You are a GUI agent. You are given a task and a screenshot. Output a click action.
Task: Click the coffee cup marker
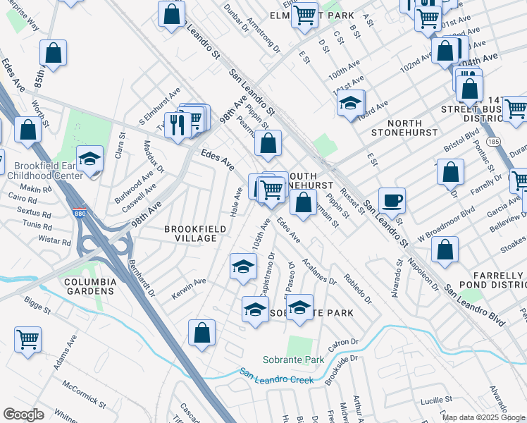pyautogui.click(x=392, y=200)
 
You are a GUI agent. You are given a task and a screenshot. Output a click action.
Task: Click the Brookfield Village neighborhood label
pyautogui.click(x=190, y=233)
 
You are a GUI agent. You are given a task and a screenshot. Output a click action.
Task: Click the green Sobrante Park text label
pyautogui.click(x=293, y=360)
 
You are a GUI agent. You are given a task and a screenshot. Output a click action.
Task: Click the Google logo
pyautogui.click(x=23, y=415)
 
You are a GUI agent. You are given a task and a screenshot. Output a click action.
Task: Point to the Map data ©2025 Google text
pyautogui.click(x=483, y=417)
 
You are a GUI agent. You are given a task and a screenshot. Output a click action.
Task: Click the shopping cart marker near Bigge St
pyautogui.click(x=28, y=339)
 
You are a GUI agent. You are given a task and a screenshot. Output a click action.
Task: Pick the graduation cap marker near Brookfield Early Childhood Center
pyautogui.click(x=90, y=159)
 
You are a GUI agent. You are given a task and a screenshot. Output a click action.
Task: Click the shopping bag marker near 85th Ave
pyautogui.click(x=53, y=52)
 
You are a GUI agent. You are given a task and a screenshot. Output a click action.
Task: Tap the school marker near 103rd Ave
pyautogui.click(x=350, y=102)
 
